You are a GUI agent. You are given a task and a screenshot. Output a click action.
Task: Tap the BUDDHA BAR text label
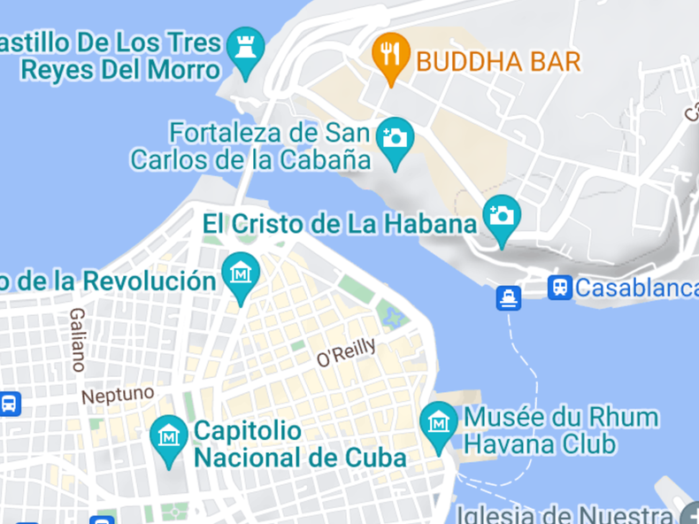(498, 61)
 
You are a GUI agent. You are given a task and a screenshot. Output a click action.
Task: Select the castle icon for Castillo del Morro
(245, 48)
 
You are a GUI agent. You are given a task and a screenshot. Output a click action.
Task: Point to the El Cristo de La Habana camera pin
(502, 216)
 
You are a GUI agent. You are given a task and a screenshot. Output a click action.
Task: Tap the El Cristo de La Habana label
(340, 223)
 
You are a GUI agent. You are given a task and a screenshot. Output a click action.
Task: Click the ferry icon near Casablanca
(509, 297)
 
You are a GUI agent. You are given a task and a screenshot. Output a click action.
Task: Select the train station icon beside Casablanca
(559, 287)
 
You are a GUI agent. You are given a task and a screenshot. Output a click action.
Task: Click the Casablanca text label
(636, 288)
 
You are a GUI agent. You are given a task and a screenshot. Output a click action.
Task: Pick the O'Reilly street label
(346, 352)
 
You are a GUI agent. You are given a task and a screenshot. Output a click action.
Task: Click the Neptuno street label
(118, 394)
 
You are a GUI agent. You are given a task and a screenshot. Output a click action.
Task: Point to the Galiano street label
(78, 339)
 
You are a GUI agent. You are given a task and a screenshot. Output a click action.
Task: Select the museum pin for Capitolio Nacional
(168, 437)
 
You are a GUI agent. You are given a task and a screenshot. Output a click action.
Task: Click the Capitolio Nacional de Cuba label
(299, 444)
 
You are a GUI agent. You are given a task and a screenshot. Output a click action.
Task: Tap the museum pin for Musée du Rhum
(439, 423)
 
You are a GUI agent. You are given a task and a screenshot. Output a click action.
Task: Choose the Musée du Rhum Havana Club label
(560, 429)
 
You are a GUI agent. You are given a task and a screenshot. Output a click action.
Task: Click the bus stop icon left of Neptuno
(9, 405)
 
